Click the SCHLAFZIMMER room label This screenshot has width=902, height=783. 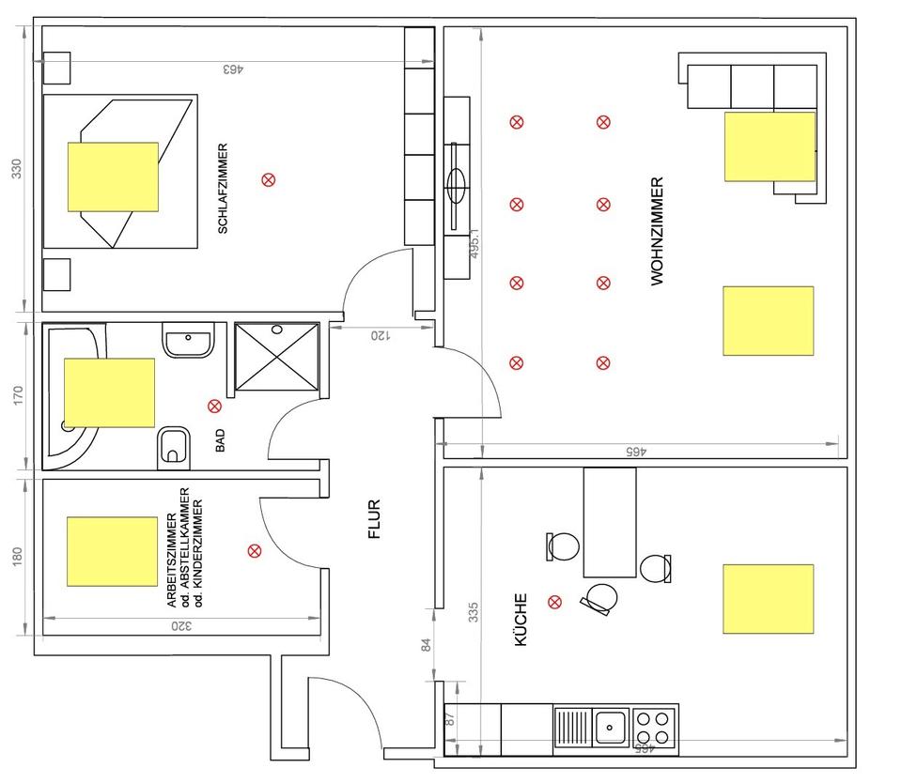223,189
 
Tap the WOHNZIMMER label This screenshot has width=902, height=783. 657,231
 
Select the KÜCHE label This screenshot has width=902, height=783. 521,621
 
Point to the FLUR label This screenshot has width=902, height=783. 374,519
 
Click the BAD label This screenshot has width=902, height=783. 220,440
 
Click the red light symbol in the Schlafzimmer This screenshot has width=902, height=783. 269,180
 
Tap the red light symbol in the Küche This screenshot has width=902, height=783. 554,602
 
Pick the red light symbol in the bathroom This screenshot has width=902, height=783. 214,407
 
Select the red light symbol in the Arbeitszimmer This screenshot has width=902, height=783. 255,551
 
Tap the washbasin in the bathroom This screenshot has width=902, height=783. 188,340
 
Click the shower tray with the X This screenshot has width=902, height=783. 276,357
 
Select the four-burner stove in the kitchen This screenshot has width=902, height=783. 653,728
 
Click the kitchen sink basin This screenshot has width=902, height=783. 611,728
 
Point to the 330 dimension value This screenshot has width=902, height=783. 17,168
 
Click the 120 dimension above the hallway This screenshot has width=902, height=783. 381,335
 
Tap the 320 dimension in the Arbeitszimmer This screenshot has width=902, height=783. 181,626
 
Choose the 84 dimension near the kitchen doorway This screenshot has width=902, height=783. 427,645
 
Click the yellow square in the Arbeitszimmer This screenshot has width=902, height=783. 112,551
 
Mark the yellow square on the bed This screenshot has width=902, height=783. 114,177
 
